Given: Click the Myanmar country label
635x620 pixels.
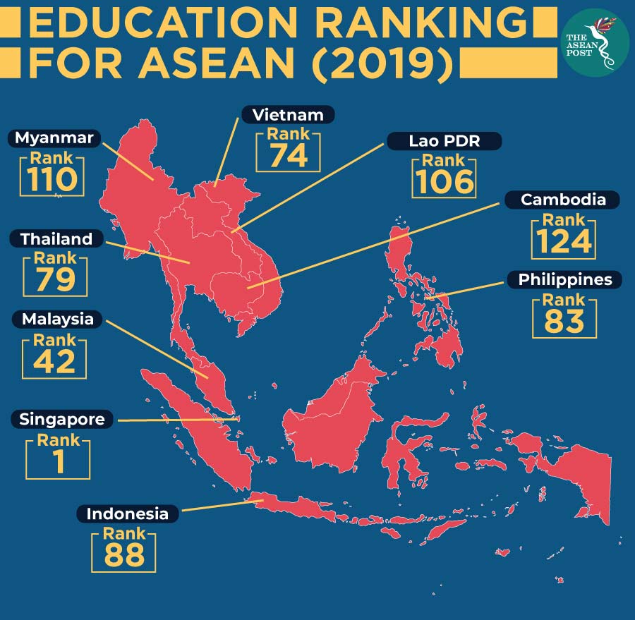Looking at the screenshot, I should (x=54, y=138).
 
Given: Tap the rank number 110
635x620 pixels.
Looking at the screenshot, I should (x=53, y=181).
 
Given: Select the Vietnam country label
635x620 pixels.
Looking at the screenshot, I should (x=288, y=115).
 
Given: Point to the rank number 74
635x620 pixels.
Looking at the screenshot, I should (x=288, y=156).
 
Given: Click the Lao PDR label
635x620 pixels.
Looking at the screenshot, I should (x=445, y=141).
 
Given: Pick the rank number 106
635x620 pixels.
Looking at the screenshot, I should (x=445, y=182).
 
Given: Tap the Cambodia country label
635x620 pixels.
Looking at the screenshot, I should (x=562, y=200).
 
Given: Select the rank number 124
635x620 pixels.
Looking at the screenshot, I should (x=563, y=242).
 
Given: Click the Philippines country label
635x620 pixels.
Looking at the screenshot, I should (x=564, y=280).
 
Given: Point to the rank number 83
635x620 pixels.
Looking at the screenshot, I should (x=564, y=321).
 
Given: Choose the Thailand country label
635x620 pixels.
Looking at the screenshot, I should (x=56, y=239).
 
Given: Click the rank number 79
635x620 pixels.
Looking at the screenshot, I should (x=56, y=280).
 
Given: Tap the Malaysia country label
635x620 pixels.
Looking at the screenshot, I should (x=57, y=319).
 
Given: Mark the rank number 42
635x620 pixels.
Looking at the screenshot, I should (x=55, y=362).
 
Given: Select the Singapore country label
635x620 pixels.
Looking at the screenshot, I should (x=62, y=420).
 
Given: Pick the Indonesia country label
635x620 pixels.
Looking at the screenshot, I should (x=127, y=513).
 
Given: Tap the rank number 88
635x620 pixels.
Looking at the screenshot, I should (x=124, y=555).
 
